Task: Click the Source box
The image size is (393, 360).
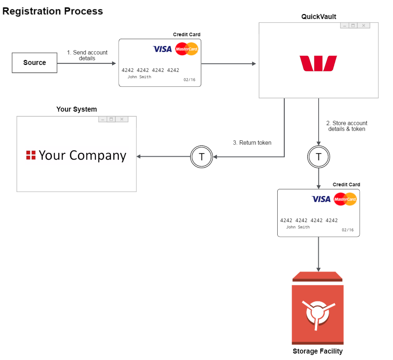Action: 34,63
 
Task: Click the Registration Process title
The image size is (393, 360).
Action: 52,11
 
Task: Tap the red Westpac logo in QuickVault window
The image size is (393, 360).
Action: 318,64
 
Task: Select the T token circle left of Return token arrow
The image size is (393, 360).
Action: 202,156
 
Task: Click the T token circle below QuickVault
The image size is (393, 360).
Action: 318,156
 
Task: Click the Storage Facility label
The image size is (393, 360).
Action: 318,351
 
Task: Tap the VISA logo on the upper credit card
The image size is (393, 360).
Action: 162,49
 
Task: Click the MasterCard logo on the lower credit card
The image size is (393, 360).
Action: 345,199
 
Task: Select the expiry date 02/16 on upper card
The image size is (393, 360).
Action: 189,80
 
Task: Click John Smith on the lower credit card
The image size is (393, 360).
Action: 298,227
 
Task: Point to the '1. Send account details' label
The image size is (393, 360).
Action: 87,55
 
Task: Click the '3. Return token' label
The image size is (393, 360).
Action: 252,143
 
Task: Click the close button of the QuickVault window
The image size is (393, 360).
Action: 364,25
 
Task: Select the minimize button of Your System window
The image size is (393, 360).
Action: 103,119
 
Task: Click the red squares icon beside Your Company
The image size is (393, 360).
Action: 31,155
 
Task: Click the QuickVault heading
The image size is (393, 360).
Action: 319,17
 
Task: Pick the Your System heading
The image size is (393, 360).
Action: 77,109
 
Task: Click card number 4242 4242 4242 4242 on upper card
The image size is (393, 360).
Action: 150,70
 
